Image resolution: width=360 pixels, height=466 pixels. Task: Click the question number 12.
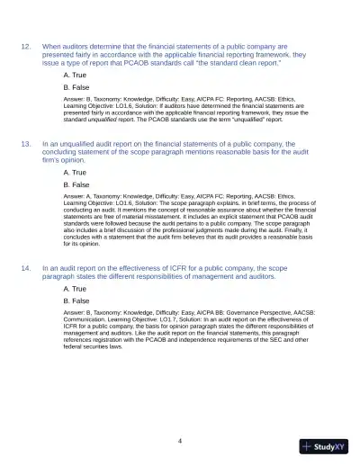(x=26, y=45)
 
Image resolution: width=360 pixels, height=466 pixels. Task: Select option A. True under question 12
(x=75, y=75)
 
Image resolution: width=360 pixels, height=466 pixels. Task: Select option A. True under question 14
(x=75, y=289)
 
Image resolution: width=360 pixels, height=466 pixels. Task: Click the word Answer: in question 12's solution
(x=75, y=101)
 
